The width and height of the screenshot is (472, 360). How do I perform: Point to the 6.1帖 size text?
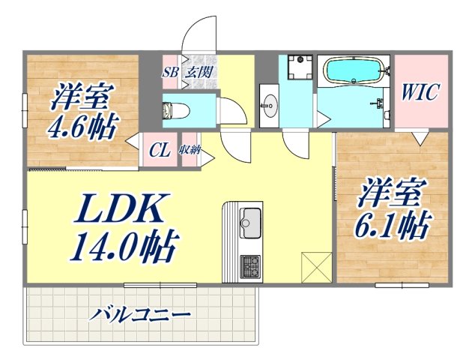(393, 223)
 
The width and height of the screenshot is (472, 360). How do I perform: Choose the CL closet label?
(159, 149)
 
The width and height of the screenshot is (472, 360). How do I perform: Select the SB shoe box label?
(170, 73)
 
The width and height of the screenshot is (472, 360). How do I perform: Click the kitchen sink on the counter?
(249, 223)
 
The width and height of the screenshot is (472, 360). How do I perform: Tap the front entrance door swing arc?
(199, 30)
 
